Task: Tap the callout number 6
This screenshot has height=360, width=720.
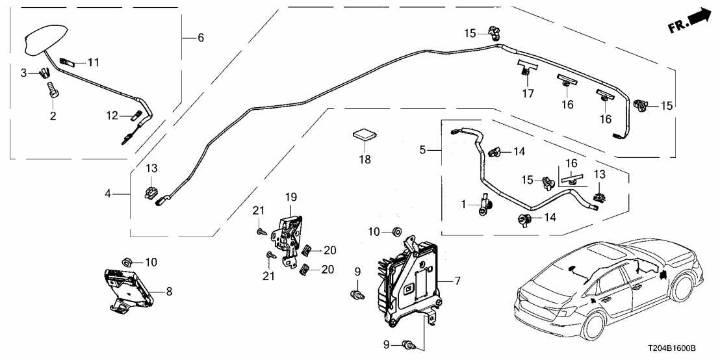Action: pos(200,38)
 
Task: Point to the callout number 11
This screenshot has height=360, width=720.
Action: pos(94,63)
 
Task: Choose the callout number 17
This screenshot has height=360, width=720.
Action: pos(528,94)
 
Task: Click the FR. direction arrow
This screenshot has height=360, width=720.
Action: pos(689,20)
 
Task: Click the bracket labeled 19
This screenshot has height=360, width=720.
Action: pos(289,231)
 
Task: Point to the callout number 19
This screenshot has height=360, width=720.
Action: pos(290,196)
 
